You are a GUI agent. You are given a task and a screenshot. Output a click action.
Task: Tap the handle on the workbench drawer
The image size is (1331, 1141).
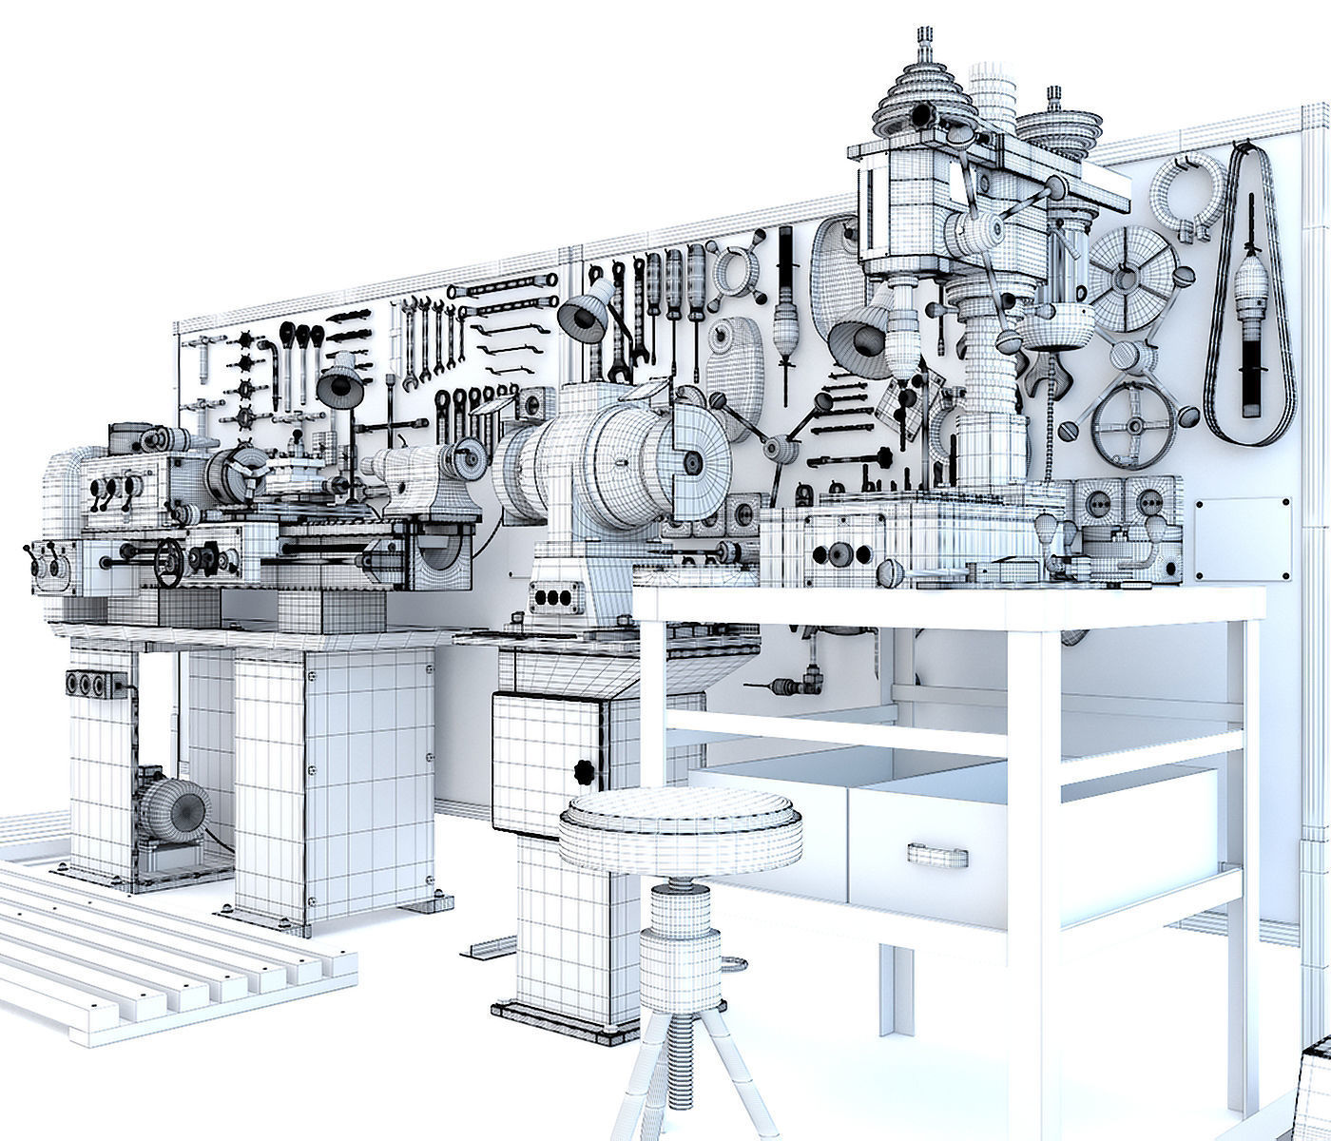pos(937,853)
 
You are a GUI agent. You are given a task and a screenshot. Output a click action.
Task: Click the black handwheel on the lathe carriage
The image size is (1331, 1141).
pos(168,563)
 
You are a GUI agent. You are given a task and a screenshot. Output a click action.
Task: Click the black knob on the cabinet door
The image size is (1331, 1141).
pos(583,771)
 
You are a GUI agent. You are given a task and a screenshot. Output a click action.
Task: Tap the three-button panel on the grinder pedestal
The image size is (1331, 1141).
pos(555,598)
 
